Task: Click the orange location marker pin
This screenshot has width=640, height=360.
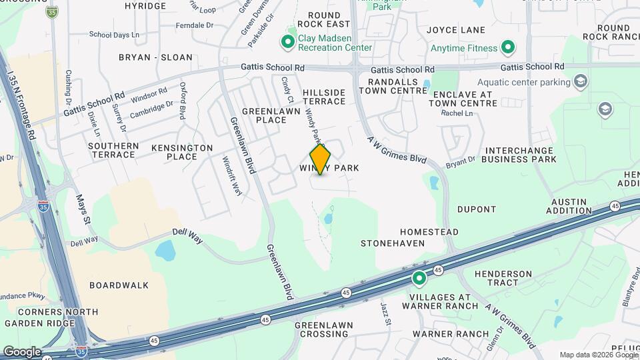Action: coord(321,159)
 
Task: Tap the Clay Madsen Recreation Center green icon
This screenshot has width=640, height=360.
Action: coord(288,43)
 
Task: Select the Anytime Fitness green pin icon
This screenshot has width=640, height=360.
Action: coord(508,48)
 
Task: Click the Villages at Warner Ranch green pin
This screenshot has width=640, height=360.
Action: coord(419,278)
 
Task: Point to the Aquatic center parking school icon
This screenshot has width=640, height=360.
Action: coord(581,82)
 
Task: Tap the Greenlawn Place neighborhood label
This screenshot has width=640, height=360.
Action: coord(264,115)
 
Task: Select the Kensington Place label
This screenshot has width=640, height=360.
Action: coord(182,152)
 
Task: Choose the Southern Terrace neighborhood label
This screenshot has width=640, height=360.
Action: coord(113,150)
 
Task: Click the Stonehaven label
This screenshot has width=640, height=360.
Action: coord(393,243)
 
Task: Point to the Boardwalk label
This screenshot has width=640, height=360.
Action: coord(119,285)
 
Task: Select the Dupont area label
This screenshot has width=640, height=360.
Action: coord(477,209)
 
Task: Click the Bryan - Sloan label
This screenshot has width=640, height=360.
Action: coord(155,57)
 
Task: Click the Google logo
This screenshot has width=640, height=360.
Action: coord(21,352)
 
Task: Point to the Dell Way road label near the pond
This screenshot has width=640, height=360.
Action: coord(187,232)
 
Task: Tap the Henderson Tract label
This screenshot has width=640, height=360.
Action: coord(503,279)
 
